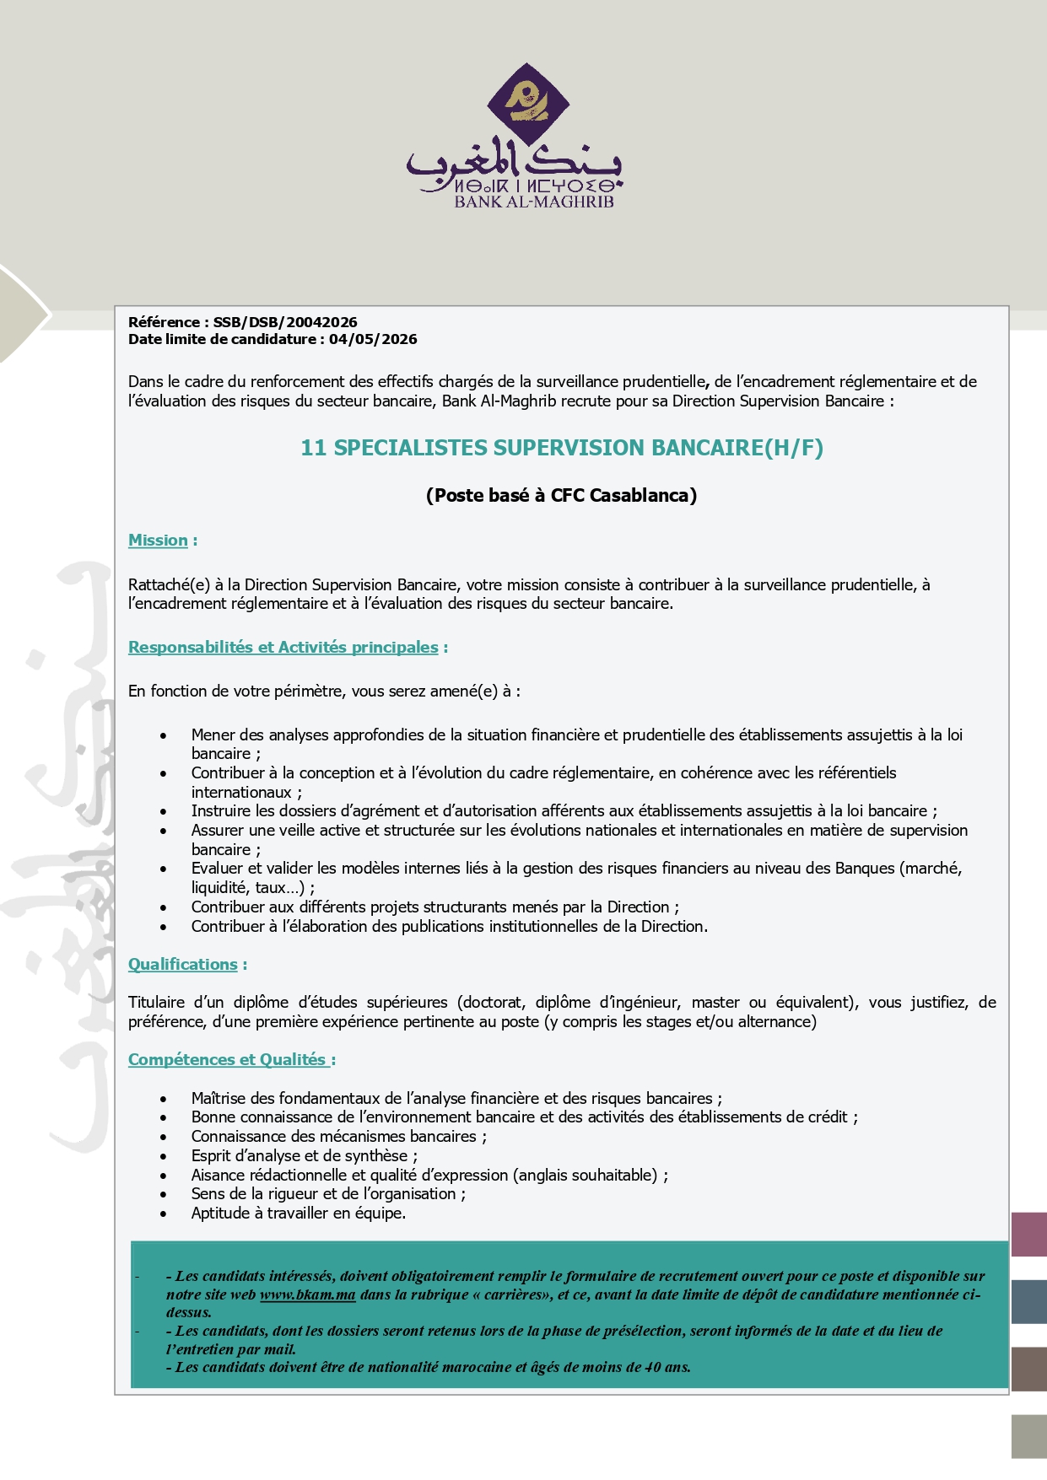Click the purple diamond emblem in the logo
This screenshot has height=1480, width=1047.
click(x=527, y=103)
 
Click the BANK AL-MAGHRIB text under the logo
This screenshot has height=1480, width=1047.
click(x=534, y=202)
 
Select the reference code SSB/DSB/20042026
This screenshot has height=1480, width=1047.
click(x=285, y=322)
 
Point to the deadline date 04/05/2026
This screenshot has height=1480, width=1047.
click(x=373, y=339)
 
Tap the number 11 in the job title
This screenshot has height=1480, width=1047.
click(x=313, y=448)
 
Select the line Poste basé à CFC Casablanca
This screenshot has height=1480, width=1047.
click(x=561, y=495)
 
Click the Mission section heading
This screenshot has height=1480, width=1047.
click(x=158, y=541)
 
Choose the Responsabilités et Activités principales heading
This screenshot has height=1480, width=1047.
click(x=283, y=648)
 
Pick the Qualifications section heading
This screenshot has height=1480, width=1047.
click(x=183, y=965)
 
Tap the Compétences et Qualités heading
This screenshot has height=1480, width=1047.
click(x=227, y=1060)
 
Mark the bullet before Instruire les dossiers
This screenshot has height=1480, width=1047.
click(x=163, y=812)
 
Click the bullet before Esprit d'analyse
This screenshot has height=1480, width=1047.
click(x=163, y=1157)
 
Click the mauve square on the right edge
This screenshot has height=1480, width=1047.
click(x=1028, y=1235)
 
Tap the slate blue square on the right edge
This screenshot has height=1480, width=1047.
click(x=1028, y=1302)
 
